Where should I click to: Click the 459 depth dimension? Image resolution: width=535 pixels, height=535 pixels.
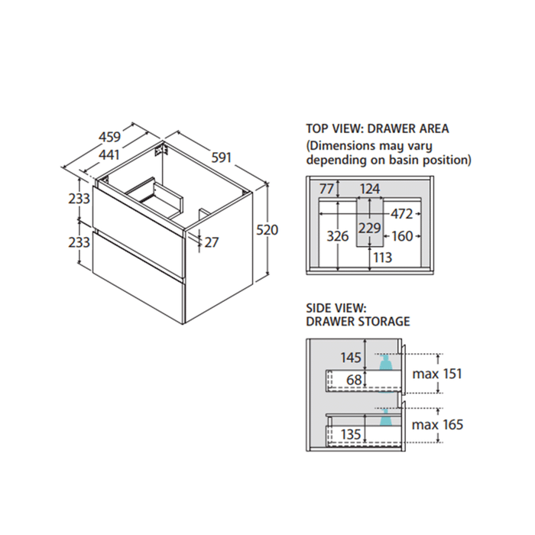(109, 138)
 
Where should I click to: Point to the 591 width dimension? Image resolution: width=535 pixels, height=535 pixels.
(221, 158)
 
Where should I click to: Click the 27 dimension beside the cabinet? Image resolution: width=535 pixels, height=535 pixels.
(212, 242)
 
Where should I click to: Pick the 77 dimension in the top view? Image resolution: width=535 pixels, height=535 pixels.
(328, 189)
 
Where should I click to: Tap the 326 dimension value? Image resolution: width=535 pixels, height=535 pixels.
(338, 236)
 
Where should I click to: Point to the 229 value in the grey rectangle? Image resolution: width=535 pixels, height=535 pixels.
(370, 228)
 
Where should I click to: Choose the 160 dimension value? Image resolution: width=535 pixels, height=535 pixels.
(403, 236)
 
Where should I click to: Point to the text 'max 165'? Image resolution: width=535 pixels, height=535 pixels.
(437, 424)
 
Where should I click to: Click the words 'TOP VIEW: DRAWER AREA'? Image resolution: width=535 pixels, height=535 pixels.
(378, 128)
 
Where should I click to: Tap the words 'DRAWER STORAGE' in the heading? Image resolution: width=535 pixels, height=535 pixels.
(358, 321)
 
